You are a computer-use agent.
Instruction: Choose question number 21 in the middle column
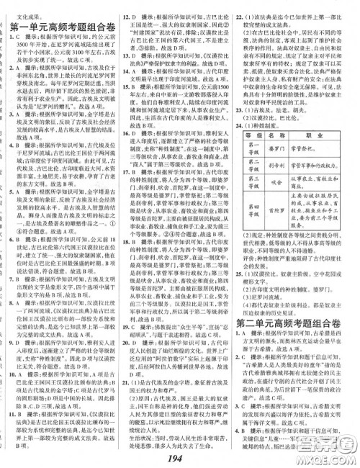pyautogui.click(x=126, y=365)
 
